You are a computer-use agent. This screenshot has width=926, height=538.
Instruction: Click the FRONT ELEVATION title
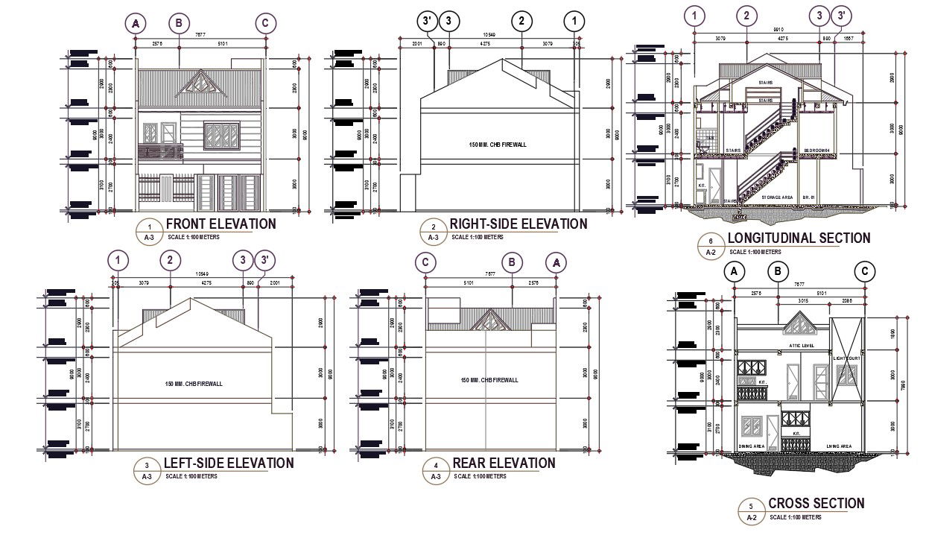pos(221,224)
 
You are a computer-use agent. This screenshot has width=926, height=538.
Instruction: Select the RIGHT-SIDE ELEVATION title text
pos(518,224)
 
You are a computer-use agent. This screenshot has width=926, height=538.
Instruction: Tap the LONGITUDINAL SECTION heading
pos(798,238)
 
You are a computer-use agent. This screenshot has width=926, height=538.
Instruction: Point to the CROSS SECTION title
pos(816,504)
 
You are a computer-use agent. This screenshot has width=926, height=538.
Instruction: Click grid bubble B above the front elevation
pos(179,23)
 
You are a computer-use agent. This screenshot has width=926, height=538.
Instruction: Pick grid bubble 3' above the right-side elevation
pos(428,22)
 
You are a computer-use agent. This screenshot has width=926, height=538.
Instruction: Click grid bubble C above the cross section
pos(864,272)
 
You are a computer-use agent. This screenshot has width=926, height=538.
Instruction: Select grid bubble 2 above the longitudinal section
pos(746,15)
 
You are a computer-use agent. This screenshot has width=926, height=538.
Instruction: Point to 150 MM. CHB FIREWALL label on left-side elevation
pos(194,384)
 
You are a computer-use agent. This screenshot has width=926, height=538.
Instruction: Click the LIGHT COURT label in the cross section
pos(847,358)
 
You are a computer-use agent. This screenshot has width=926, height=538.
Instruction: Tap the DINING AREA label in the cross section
pos(752,446)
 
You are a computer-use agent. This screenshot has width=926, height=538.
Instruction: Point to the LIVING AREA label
pos(839,446)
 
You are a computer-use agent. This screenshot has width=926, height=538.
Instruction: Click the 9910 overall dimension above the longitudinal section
pos(778,31)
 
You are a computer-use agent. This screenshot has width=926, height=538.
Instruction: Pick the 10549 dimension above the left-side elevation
pos(201,273)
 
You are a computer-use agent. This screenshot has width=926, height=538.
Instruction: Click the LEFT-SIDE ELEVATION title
pos(229,463)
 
